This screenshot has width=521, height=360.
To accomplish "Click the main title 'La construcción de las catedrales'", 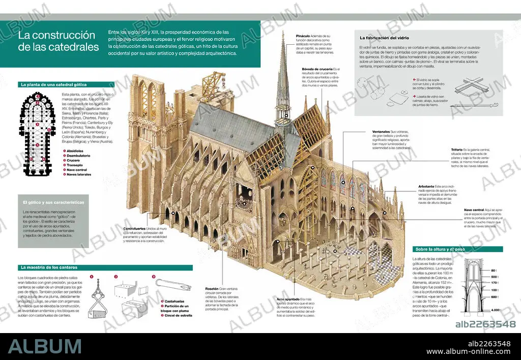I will [57, 41].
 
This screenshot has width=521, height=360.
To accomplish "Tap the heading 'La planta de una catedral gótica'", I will [53, 84].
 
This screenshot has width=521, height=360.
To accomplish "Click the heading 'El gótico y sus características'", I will [54, 202].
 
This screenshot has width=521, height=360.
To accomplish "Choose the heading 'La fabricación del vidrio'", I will [385, 38].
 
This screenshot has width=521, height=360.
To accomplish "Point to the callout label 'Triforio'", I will [457, 149].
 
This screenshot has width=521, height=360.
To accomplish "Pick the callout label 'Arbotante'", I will [426, 187].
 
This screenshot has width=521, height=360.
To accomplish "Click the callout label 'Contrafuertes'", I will [135, 228].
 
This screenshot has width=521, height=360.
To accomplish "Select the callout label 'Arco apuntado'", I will [288, 299].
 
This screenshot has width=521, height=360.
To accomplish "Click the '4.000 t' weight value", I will [497, 310].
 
